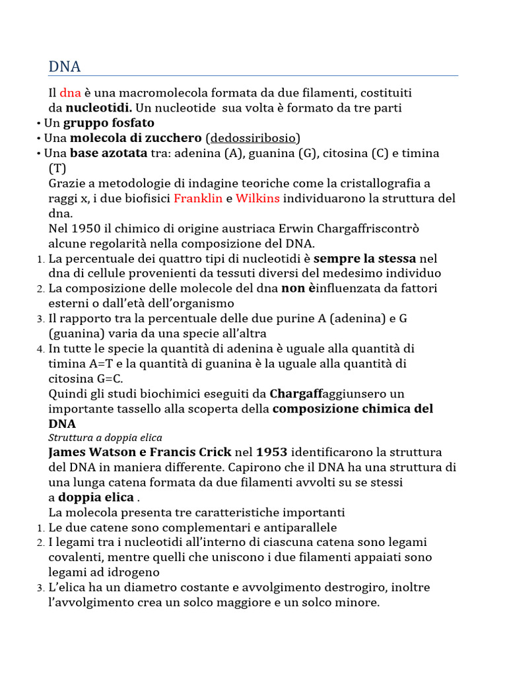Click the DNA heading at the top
tap(65, 67)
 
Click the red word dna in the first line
tap(70, 93)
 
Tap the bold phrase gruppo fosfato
tap(108, 123)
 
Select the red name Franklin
tap(198, 198)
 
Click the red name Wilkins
tap(257, 198)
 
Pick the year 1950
tap(83, 228)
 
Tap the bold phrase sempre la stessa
tap(364, 258)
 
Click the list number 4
tap(39, 349)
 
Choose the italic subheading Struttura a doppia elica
tap(106, 438)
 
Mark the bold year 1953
tap(271, 452)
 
